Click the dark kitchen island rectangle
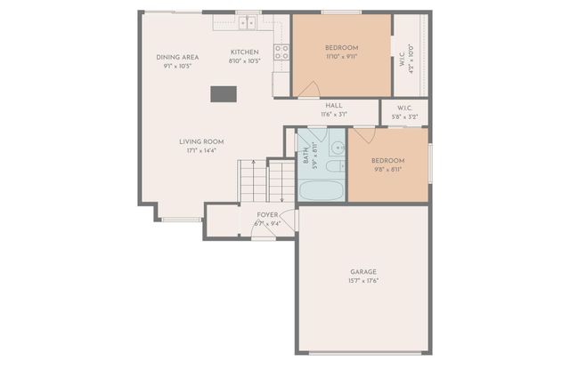(223, 93)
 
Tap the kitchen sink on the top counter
(247, 21)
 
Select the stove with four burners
(281, 52)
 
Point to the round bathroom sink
(337, 147)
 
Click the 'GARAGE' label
(362, 271)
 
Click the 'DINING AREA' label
(177, 57)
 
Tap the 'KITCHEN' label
(245, 52)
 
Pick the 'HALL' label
(334, 105)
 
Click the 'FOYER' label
(267, 215)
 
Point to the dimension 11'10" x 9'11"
(341, 56)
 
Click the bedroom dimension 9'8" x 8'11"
(387, 169)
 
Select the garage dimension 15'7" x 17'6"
(362, 281)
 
